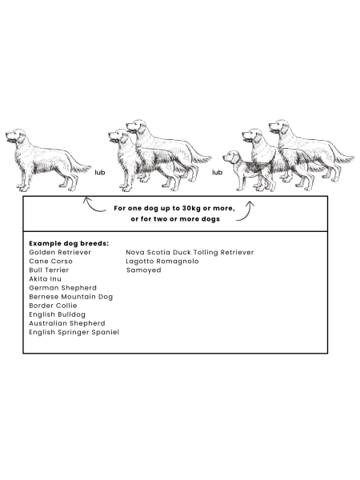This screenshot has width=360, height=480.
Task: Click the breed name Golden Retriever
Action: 60,252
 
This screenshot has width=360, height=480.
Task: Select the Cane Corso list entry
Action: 51,261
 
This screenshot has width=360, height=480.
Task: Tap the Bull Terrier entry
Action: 49,270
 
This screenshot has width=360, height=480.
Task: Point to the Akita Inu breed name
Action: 46,279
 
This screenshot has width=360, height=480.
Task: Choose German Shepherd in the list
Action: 62,288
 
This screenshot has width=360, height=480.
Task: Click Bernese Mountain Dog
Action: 71,297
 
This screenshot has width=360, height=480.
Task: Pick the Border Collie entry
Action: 53,306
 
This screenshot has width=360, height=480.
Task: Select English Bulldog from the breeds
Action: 58,314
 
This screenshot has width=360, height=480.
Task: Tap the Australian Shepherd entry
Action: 67,323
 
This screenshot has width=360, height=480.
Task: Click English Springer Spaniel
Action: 74,332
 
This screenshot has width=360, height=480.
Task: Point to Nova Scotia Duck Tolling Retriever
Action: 190,252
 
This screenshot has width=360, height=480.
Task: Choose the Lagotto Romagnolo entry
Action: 162,261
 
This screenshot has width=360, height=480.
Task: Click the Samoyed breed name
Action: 143,270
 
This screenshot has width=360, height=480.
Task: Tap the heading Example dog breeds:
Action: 69,243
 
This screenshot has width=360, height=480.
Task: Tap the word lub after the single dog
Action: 100,172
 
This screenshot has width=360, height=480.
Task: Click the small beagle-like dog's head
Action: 231,157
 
